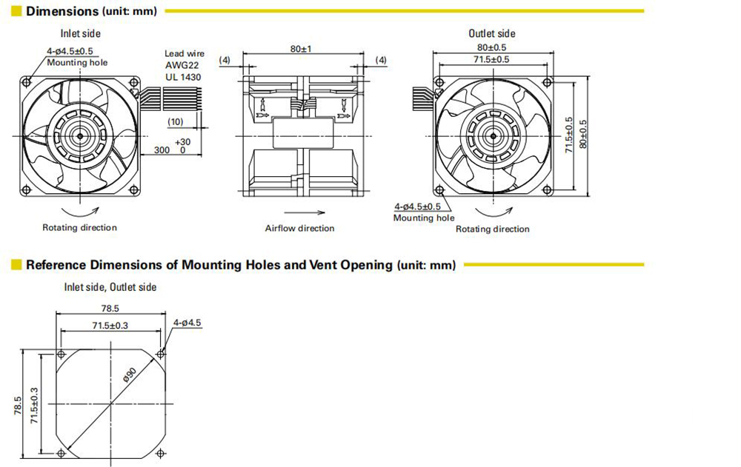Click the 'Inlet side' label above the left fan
click(81, 33)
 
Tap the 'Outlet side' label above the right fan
click(491, 33)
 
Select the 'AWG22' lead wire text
click(182, 65)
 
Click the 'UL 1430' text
click(183, 76)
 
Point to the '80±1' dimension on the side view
click(301, 49)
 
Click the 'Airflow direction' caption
click(299, 229)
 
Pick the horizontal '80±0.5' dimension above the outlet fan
click(491, 48)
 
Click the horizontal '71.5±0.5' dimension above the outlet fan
click(491, 59)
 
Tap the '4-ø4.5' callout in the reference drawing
click(187, 323)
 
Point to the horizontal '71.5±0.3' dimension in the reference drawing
click(111, 325)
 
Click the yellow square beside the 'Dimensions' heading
click(16, 11)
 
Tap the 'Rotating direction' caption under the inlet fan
click(79, 228)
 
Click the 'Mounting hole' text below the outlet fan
click(424, 218)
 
